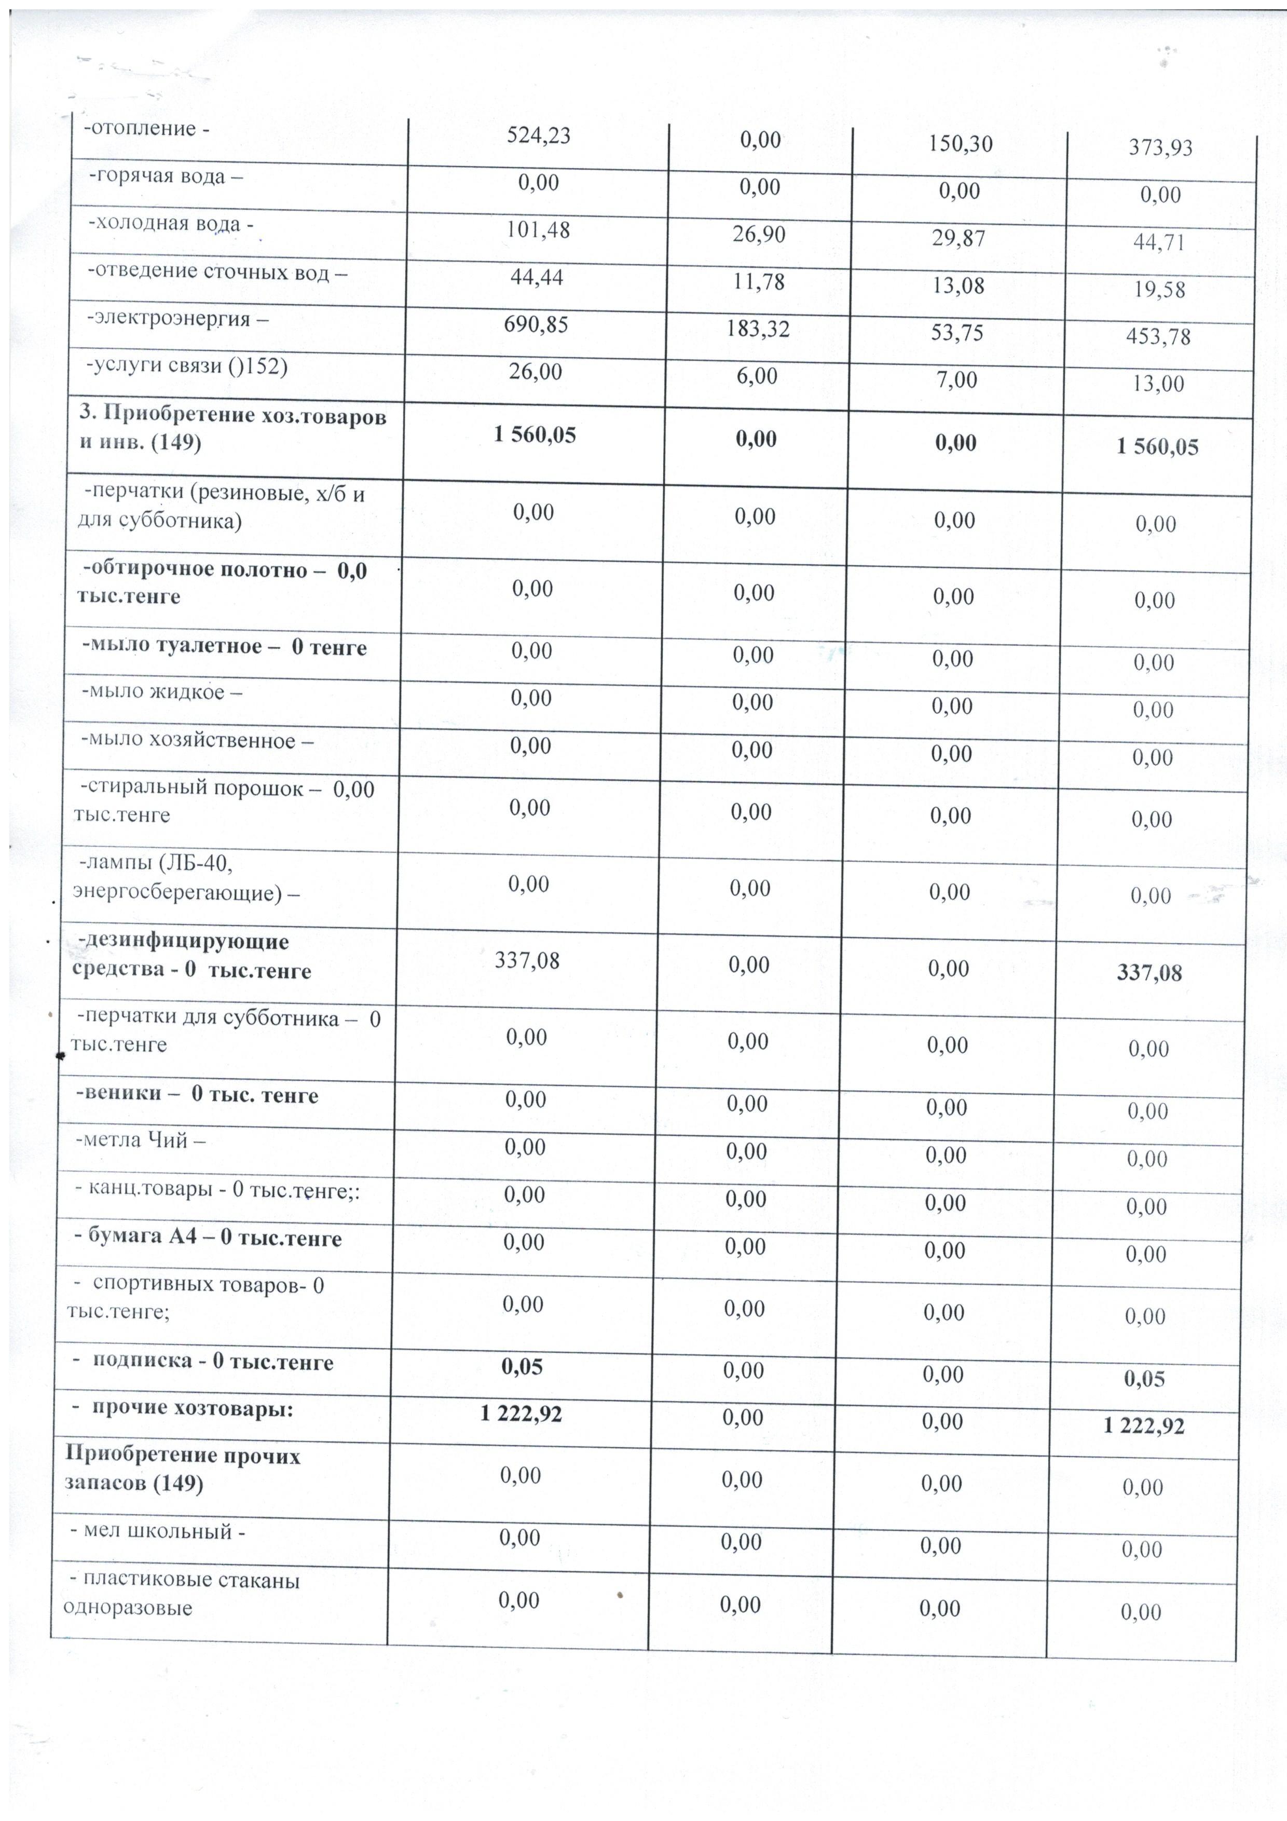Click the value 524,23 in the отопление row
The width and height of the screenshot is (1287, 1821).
click(x=539, y=135)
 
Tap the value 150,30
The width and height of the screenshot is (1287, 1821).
click(x=960, y=144)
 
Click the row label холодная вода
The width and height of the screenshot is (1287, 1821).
click(x=171, y=224)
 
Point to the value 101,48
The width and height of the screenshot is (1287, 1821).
click(x=539, y=230)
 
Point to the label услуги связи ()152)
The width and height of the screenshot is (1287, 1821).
click(x=186, y=366)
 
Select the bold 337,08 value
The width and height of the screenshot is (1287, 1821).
click(x=1149, y=973)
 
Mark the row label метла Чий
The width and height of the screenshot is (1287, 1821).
click(x=140, y=1140)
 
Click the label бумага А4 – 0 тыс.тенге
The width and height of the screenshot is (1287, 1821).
click(x=208, y=1239)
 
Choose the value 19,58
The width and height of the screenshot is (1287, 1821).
click(x=1158, y=290)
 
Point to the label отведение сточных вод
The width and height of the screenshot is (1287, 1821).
click(x=217, y=271)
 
